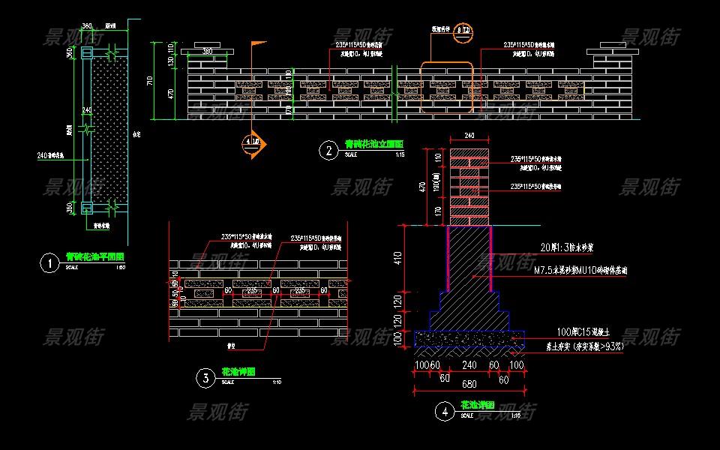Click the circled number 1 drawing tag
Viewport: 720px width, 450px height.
[x=49, y=263]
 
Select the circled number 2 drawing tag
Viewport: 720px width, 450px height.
[x=328, y=151]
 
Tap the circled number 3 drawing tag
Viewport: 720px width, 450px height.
[x=205, y=379]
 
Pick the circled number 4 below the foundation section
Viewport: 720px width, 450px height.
[x=445, y=412]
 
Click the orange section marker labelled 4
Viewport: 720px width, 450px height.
[x=253, y=145]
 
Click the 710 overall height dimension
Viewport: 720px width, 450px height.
[x=150, y=80]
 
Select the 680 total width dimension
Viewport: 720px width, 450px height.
[x=469, y=385]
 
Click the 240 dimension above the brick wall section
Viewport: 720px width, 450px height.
[x=470, y=136]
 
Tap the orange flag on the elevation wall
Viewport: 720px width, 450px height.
[x=257, y=46]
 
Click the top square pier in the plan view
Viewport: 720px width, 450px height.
[x=86, y=54]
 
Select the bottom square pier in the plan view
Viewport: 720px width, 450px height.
[x=86, y=207]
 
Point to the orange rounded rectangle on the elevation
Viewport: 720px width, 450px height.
[x=446, y=87]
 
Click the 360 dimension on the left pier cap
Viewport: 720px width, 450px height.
[x=204, y=51]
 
